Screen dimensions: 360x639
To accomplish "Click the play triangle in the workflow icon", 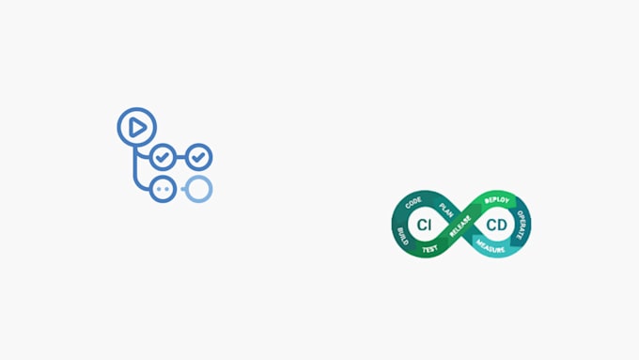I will [137, 126].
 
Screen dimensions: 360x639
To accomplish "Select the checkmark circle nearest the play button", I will [164, 156].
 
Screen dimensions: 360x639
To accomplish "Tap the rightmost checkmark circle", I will [198, 156].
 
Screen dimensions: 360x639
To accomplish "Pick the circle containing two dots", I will [164, 188].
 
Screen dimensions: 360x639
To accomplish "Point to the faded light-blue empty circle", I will [198, 188].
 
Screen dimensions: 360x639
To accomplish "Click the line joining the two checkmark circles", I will [180, 156].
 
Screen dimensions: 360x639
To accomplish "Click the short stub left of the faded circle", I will [180, 188].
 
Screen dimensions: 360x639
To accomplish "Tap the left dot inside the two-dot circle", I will [159, 188].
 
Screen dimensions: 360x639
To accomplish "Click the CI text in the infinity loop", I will [425, 225].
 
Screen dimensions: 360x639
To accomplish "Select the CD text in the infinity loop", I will [497, 225].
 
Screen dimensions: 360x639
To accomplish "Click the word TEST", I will [429, 249].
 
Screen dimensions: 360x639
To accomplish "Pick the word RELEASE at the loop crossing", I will [460, 226].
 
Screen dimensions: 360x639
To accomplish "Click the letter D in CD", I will [503, 225].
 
